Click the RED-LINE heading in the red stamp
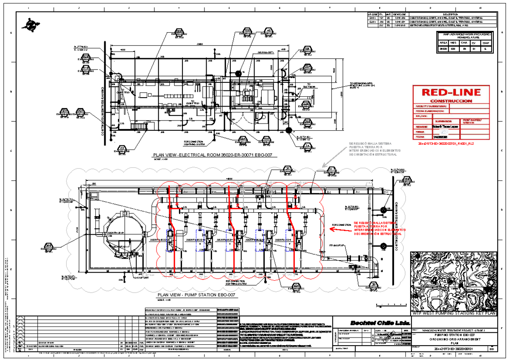click(x=451, y=92)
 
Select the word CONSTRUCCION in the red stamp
click(x=451, y=101)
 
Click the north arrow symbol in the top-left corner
click(x=31, y=24)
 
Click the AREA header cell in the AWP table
click(x=442, y=43)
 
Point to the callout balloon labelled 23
click(x=122, y=148)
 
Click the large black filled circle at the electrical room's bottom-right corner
click(x=288, y=130)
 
